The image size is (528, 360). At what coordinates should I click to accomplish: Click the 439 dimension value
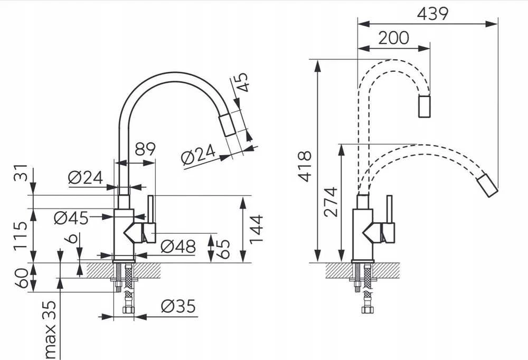tap(433, 14)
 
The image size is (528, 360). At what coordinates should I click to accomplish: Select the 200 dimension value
tap(394, 37)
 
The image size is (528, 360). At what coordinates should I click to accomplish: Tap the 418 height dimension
tap(305, 167)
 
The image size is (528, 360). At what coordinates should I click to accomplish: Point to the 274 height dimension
tap(331, 202)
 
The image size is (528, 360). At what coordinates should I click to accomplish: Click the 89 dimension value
tap(145, 149)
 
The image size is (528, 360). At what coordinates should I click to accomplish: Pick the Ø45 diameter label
tap(71, 218)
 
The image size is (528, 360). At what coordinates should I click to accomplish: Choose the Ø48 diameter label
tap(178, 247)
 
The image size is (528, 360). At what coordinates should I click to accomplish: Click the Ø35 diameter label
tap(178, 306)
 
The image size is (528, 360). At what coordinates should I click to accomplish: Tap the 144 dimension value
tap(256, 229)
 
